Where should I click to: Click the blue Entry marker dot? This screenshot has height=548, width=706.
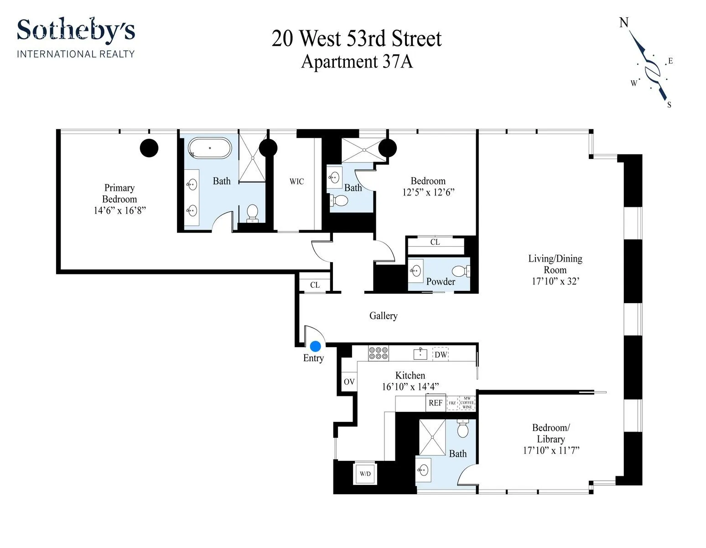(x=315, y=346)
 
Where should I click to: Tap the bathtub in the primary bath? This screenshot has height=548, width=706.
(x=210, y=148)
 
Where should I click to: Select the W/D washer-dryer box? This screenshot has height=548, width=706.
(x=365, y=474)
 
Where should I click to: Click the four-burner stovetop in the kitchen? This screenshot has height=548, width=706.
(x=378, y=353)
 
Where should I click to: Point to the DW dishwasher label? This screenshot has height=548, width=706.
(x=441, y=354)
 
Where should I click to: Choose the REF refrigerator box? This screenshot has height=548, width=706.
(x=436, y=403)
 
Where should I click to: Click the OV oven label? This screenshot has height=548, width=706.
(x=349, y=382)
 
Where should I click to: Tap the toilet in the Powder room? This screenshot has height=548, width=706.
(x=462, y=271)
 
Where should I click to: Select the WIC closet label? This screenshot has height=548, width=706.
(x=296, y=182)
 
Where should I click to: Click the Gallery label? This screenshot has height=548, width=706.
(x=383, y=316)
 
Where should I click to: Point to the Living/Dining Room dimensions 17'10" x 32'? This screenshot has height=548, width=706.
(x=555, y=281)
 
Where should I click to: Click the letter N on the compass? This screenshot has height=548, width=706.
(x=623, y=22)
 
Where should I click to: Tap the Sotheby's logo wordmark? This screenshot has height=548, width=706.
(x=76, y=31)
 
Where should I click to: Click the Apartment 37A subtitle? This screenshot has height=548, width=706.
(x=357, y=62)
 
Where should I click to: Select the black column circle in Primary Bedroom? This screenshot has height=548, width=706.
(x=149, y=148)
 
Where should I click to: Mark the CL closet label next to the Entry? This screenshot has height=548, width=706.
(x=315, y=285)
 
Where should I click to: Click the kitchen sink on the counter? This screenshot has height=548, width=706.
(x=420, y=353)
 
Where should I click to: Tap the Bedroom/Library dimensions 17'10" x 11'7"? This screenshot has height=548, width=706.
(x=551, y=451)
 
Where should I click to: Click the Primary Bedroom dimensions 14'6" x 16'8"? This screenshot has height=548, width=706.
(x=119, y=211)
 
